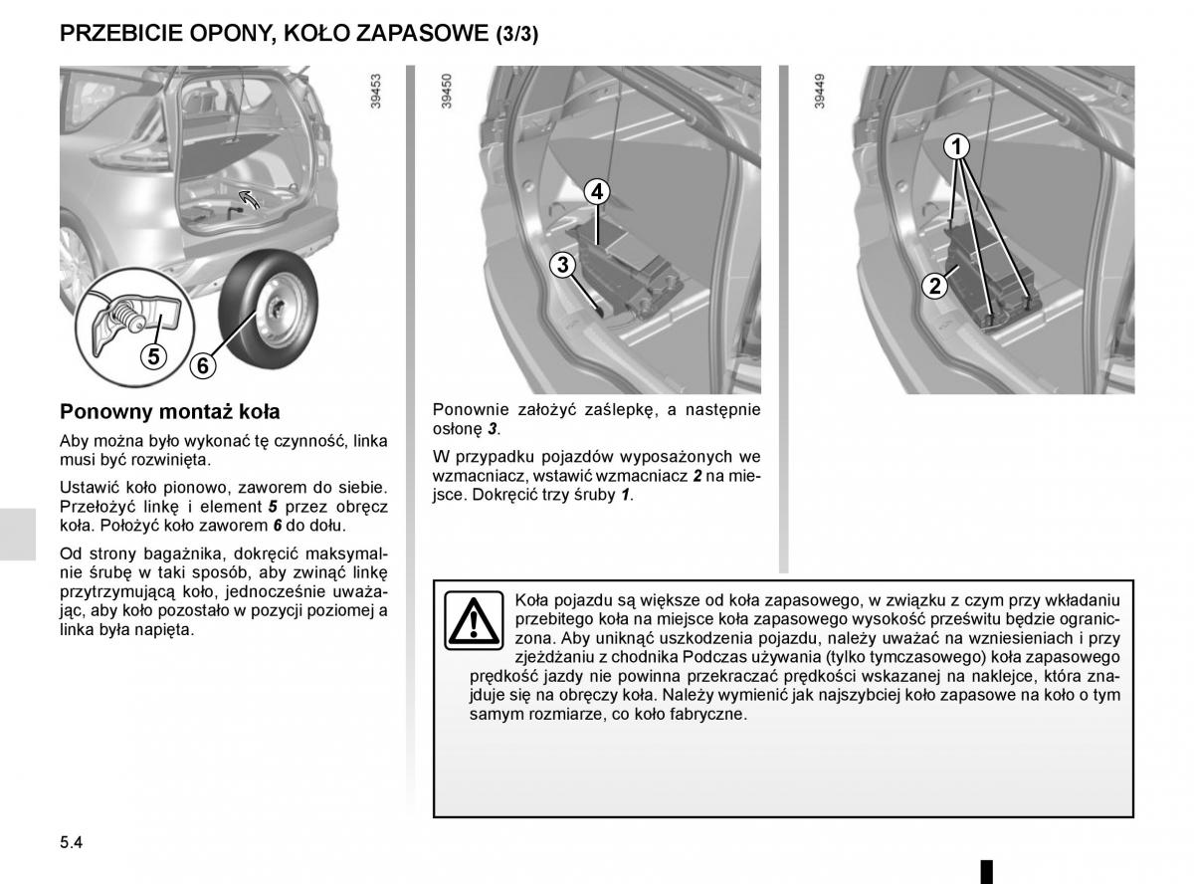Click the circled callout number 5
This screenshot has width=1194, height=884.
click(x=154, y=354)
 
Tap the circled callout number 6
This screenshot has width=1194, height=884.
click(x=202, y=365)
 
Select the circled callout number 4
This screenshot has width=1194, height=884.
click(x=596, y=191)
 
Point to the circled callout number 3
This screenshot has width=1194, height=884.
click(x=563, y=264)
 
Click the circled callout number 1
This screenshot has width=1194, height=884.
click(x=955, y=147)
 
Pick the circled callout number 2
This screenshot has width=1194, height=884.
click(x=934, y=287)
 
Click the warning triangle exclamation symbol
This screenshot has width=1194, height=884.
click(x=474, y=620)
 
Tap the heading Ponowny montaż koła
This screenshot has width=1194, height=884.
click(x=170, y=411)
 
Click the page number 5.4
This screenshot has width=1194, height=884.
click(x=72, y=842)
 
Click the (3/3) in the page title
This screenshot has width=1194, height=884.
click(x=516, y=34)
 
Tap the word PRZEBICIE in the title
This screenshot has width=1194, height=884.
click(x=117, y=33)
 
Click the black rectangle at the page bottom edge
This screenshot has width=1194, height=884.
click(x=986, y=871)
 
